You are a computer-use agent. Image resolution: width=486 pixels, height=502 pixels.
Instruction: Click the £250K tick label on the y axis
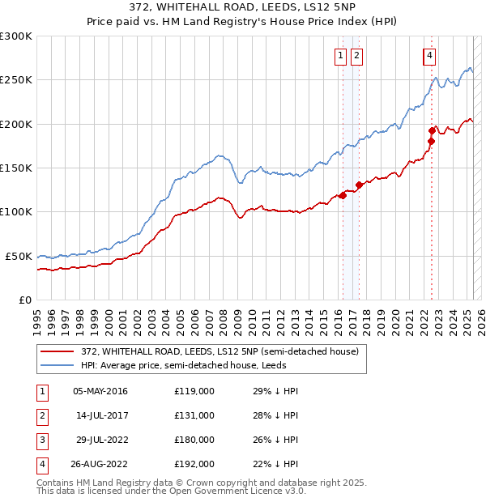coord(16,80)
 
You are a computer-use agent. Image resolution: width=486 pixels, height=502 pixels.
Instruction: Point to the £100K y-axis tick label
coord(16,212)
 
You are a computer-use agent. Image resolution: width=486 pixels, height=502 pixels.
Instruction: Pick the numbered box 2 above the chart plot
coord(356,56)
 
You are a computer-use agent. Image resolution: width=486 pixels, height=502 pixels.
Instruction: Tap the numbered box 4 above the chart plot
coord(428,56)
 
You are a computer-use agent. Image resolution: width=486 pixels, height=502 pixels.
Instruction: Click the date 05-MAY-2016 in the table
coord(100,392)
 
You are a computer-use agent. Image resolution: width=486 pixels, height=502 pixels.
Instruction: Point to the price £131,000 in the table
coord(194,416)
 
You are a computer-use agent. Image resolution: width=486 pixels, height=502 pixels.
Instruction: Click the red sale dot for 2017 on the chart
coord(359,185)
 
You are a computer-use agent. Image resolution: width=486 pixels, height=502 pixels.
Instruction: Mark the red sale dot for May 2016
coord(343,195)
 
